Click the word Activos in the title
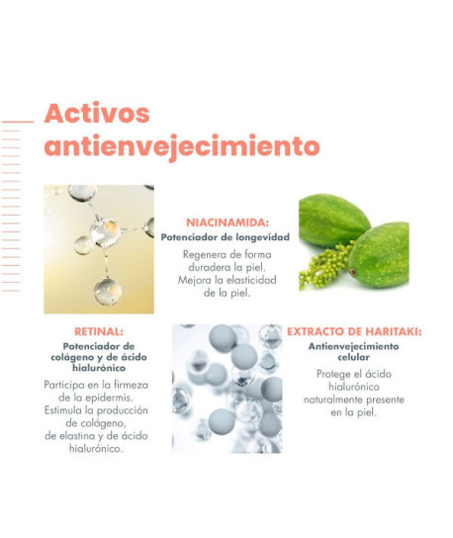(97, 112)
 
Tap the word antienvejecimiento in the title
(168, 146)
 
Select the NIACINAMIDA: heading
(227, 223)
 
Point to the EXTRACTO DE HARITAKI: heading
(353, 332)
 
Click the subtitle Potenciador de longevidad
(226, 237)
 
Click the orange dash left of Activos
(18, 122)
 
